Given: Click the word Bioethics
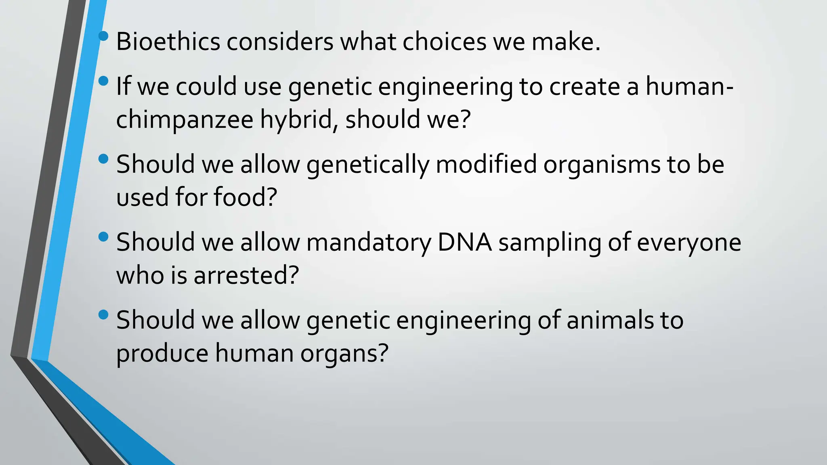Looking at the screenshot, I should tap(168, 42).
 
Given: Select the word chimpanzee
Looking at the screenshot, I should tap(185, 120).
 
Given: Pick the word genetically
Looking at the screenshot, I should tap(367, 165).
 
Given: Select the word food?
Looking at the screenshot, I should tap(245, 197).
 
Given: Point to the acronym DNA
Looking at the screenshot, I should tap(464, 243).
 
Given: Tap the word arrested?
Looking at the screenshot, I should tap(246, 276).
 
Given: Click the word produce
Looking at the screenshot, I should tap(162, 354).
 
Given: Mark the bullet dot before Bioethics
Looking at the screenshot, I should tap(103, 36).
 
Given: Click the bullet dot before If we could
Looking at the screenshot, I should tap(103, 81).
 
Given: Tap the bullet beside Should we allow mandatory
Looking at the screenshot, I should tap(103, 237).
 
